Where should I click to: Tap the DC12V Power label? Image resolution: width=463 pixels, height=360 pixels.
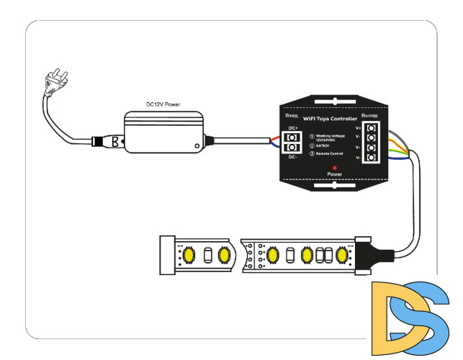point(163,105)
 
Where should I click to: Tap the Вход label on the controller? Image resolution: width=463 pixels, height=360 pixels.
point(292,115)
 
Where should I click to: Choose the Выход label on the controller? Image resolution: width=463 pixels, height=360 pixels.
point(369,116)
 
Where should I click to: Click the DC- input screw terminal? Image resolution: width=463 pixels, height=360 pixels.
point(292,148)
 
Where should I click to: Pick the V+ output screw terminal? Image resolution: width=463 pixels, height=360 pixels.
point(372,128)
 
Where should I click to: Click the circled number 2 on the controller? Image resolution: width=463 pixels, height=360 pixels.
point(312,145)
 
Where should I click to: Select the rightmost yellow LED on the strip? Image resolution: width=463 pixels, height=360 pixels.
point(341,255)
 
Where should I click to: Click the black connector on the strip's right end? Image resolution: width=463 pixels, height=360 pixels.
point(371,254)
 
